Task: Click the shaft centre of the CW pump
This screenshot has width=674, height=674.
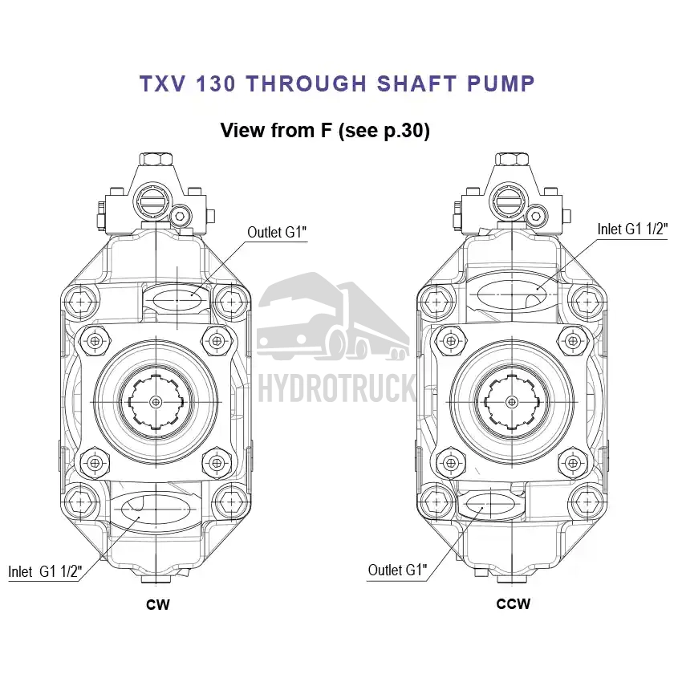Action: [x=156, y=402]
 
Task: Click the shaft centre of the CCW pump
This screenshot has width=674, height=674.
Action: [x=512, y=402]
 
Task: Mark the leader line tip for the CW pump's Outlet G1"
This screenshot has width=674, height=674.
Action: [x=192, y=295]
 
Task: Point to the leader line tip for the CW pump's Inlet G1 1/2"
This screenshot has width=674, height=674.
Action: [x=138, y=518]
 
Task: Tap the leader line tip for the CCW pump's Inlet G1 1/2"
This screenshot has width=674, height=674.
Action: [x=538, y=289]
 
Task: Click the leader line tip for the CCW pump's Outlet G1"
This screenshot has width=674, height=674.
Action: [x=482, y=508]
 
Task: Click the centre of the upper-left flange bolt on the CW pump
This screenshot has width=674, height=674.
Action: [x=95, y=341]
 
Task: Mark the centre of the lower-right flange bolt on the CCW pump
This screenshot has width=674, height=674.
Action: [x=573, y=463]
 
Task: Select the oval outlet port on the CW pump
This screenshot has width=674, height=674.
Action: [x=177, y=298]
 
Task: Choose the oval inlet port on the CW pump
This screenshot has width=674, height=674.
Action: [x=156, y=510]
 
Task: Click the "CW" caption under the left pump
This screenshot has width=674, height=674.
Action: [x=158, y=605]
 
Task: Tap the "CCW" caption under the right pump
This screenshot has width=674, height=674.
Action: [x=514, y=604]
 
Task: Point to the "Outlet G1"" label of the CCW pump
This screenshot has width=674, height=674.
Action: [x=398, y=570]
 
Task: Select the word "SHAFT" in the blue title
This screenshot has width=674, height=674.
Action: [x=416, y=83]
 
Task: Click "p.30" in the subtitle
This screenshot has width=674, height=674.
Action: [x=402, y=131]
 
